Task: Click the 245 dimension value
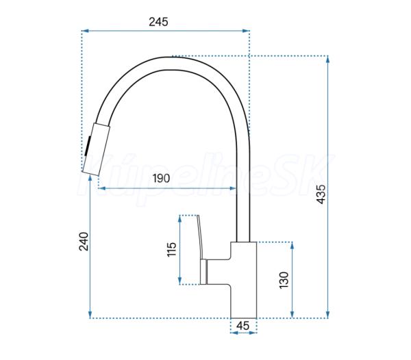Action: tap(158, 22)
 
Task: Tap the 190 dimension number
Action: tap(161, 179)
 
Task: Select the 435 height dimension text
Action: tap(321, 194)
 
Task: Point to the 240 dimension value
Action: tap(84, 241)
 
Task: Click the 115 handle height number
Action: tap(172, 250)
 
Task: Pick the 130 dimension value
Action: tap(284, 280)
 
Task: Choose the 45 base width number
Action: tap(242, 326)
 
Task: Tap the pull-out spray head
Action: tap(96, 149)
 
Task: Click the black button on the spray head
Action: tap(88, 146)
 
